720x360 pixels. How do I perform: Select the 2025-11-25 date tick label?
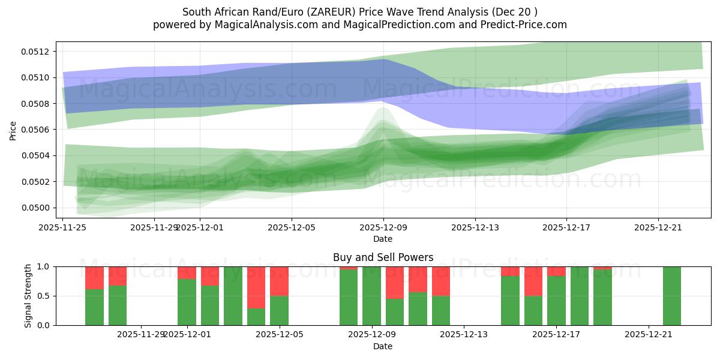point(62,227)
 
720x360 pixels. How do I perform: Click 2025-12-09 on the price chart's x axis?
point(383,227)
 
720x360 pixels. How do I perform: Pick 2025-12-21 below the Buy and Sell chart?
point(649,335)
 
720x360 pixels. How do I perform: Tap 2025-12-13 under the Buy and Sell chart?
point(464,335)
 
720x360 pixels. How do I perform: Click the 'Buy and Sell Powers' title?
point(383,257)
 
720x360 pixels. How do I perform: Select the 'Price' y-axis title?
point(13,130)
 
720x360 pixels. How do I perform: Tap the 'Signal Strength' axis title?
point(28,296)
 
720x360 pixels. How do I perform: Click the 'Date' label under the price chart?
point(383,239)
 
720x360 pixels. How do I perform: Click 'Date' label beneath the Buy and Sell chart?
point(383,346)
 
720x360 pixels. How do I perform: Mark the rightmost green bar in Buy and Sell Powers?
point(672,296)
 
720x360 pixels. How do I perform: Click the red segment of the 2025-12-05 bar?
point(279,281)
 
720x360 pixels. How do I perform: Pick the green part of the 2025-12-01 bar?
point(187,302)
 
